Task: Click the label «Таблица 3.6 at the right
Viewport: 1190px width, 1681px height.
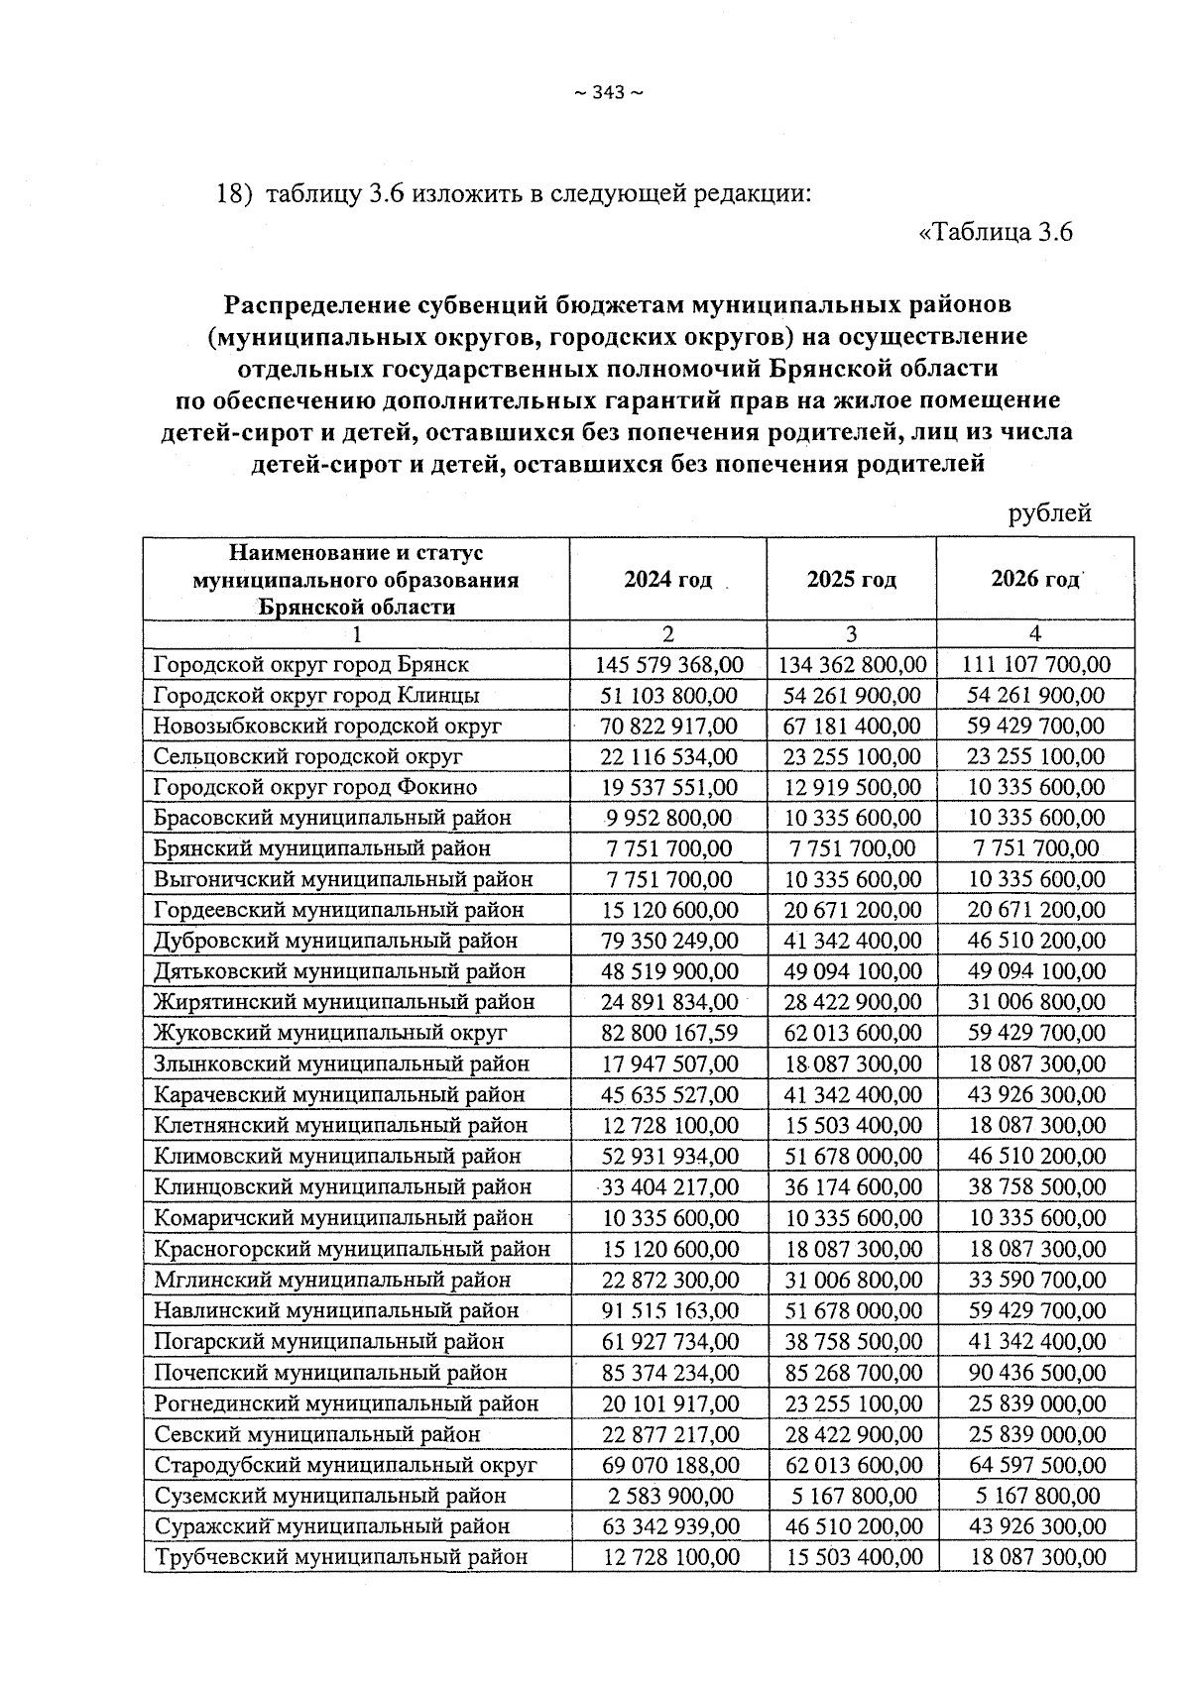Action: tap(996, 233)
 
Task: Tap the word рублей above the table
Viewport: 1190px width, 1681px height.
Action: tap(1049, 512)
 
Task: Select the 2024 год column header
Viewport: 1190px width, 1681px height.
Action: tap(667, 580)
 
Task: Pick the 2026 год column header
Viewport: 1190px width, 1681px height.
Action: tap(1034, 580)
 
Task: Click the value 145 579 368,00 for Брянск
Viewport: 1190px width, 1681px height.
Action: tap(669, 664)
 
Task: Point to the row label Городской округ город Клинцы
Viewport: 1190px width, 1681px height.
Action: tap(316, 695)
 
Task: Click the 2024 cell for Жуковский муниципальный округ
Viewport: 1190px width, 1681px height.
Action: tap(669, 1033)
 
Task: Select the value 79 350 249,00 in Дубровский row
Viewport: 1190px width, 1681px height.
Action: tap(669, 941)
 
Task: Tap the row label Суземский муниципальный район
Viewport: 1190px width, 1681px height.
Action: tap(329, 1495)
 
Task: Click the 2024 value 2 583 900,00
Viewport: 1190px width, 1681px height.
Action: tap(669, 1495)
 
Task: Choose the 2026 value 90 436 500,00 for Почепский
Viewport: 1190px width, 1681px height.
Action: tap(1035, 1372)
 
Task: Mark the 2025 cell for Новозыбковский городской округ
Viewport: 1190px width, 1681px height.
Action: tap(852, 726)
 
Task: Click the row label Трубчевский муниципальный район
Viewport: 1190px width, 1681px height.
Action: tap(340, 1556)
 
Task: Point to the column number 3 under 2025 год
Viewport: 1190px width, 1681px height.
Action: tap(851, 634)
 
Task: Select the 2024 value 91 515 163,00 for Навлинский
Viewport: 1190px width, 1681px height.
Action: tap(669, 1310)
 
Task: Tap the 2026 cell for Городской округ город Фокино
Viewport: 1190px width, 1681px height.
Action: tap(1035, 787)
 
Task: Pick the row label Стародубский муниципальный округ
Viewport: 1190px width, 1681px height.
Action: tap(345, 1464)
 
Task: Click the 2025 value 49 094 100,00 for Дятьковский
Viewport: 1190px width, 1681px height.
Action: tap(852, 971)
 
